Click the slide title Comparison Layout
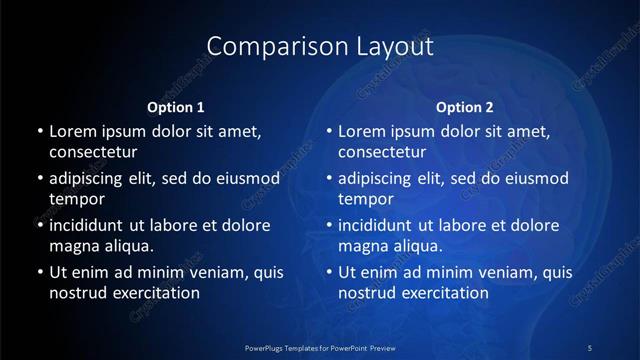(x=320, y=46)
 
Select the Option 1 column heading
(x=176, y=107)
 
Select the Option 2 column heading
(x=465, y=107)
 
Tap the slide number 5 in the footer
(x=589, y=347)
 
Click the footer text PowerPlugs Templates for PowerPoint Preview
(x=319, y=347)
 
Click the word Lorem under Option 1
(x=72, y=131)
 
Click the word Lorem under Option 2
(x=361, y=131)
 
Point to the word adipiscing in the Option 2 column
(x=381, y=179)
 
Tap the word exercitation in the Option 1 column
(x=155, y=293)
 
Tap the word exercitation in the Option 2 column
(x=444, y=293)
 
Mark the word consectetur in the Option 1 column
(x=93, y=153)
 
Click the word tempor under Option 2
(x=363, y=200)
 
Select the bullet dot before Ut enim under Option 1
(x=38, y=272)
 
